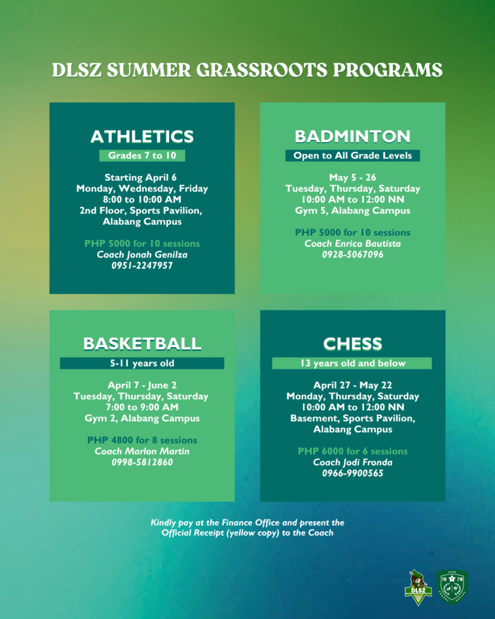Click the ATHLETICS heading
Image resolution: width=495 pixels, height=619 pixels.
click(x=142, y=136)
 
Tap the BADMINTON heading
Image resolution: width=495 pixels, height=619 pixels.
click(x=352, y=136)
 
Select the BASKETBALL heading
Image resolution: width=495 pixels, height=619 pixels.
click(x=142, y=343)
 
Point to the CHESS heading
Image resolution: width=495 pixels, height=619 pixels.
click(x=352, y=343)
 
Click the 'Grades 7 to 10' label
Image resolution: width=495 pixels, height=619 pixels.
click(x=142, y=156)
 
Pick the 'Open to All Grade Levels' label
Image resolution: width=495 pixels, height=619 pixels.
click(x=352, y=156)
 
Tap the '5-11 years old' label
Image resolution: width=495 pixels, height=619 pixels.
click(x=142, y=364)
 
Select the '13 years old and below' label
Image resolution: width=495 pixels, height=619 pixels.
click(x=352, y=364)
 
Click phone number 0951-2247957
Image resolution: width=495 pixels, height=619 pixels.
click(x=142, y=265)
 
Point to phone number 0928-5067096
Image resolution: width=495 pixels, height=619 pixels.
click(x=352, y=254)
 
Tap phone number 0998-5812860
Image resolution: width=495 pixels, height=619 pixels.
click(x=142, y=462)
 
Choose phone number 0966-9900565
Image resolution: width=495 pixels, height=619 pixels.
click(x=352, y=473)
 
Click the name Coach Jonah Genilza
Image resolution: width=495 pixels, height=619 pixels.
click(x=142, y=254)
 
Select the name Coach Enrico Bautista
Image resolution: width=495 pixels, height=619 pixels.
click(x=352, y=244)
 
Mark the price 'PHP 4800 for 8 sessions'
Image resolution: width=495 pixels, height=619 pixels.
click(x=142, y=441)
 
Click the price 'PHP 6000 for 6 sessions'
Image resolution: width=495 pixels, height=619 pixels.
click(x=352, y=452)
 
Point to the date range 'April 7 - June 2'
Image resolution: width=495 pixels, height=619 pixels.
click(x=142, y=385)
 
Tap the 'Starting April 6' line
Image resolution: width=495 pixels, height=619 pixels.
click(x=142, y=178)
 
